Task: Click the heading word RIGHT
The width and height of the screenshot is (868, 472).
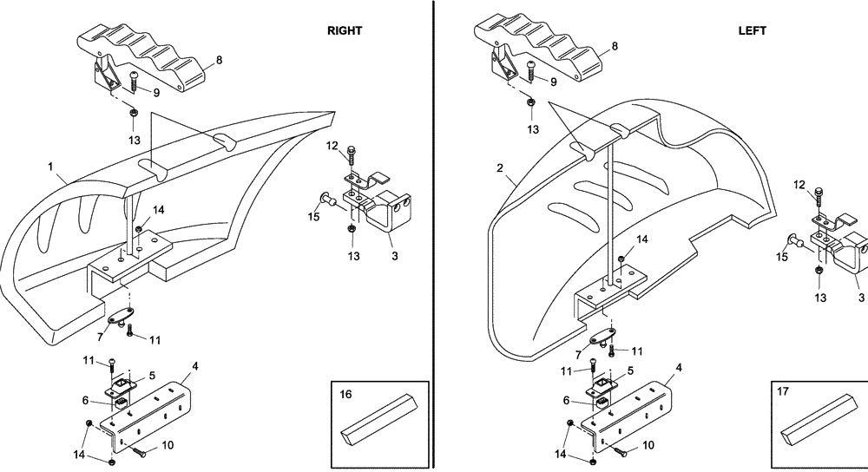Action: coord(344,30)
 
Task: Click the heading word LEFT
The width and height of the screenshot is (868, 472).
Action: coord(752,30)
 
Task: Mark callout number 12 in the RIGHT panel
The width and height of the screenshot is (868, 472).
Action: coord(332,146)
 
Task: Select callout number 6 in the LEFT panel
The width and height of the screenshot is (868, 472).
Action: coord(566,401)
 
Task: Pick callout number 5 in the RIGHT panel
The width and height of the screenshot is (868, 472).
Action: coord(152,376)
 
